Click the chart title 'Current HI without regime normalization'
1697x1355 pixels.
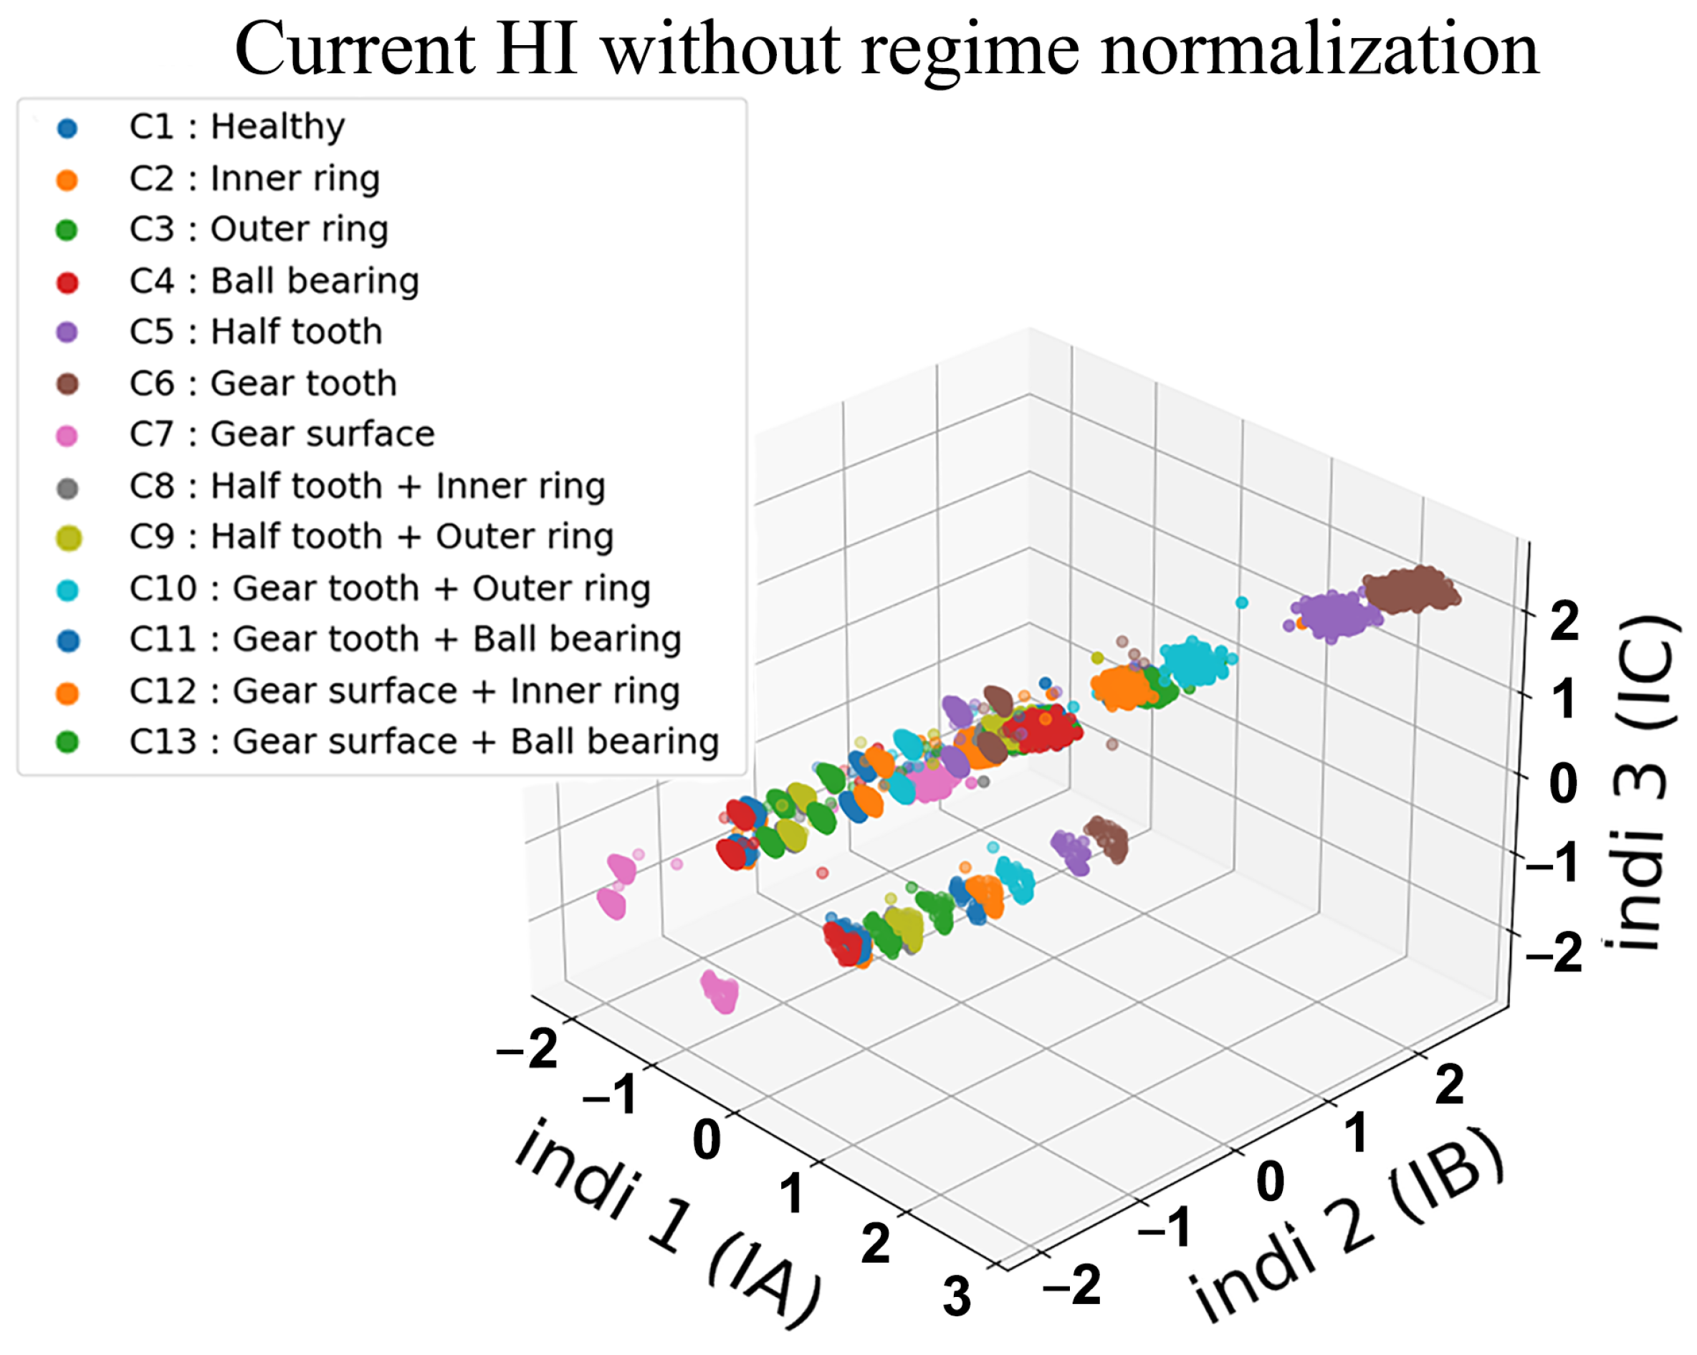[x=886, y=49]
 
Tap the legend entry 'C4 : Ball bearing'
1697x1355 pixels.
[x=274, y=281]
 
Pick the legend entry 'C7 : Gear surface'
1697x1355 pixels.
[x=282, y=434]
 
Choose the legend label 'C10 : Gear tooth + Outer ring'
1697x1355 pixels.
[x=390, y=588]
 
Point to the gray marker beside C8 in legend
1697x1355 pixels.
[x=67, y=488]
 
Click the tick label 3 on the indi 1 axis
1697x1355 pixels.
[x=956, y=1298]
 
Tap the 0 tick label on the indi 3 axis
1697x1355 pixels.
[x=1563, y=784]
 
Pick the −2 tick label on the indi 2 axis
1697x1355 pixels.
[x=1071, y=1285]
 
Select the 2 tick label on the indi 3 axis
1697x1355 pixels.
[x=1564, y=622]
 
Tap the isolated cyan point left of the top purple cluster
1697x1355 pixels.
[x=1242, y=603]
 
